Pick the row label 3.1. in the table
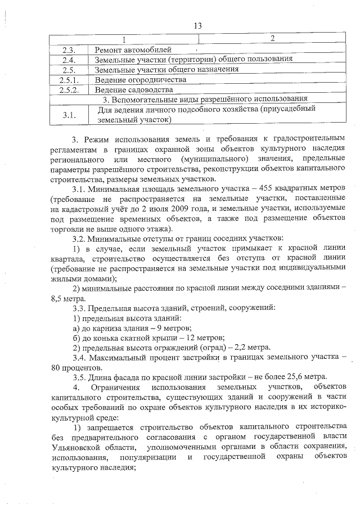tap(70, 115)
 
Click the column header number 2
tap(272, 38)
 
